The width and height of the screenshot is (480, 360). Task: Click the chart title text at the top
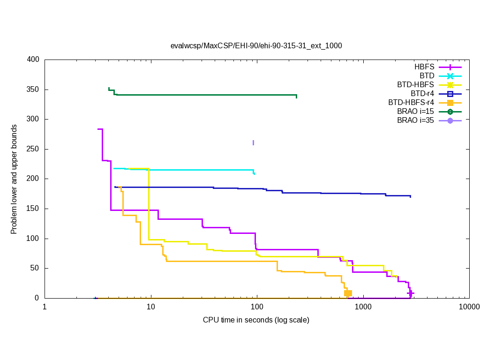pos(256,46)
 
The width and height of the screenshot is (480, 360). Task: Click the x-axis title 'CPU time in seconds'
pos(256,320)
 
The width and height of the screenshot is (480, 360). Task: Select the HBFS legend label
pos(424,67)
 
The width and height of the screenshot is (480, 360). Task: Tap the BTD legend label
pos(427,75)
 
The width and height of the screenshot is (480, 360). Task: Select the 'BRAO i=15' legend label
pos(415,111)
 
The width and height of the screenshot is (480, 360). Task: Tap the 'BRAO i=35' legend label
pos(415,120)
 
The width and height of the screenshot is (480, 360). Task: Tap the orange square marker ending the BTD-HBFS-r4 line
pos(348,293)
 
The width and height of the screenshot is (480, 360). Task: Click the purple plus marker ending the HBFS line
pos(411,293)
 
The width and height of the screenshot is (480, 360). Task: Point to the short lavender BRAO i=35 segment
pos(253,142)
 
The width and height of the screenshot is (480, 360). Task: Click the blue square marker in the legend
pos(450,93)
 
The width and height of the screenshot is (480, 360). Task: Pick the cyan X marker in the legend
pos(450,75)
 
